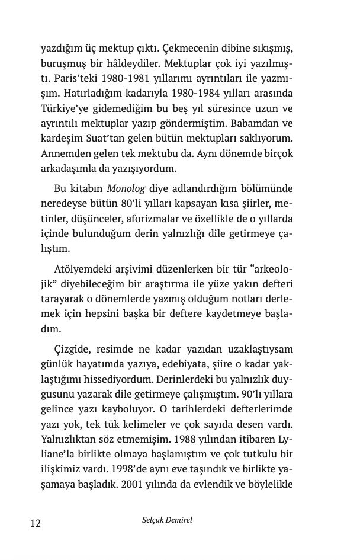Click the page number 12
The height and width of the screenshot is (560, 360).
tap(35, 523)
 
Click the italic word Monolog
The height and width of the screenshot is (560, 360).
tap(126, 189)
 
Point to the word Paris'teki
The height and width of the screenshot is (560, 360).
tap(63, 78)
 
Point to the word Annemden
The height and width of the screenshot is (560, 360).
tap(65, 155)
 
